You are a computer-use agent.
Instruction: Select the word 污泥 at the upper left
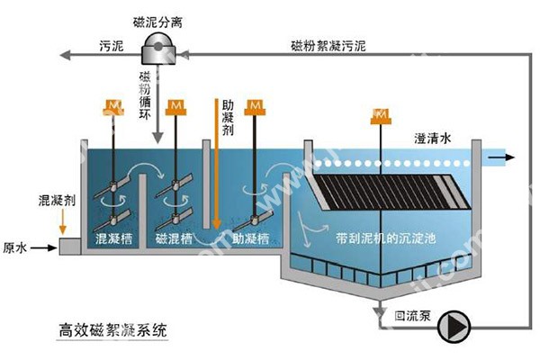tap(112, 43)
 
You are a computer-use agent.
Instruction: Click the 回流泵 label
tap(410, 318)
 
